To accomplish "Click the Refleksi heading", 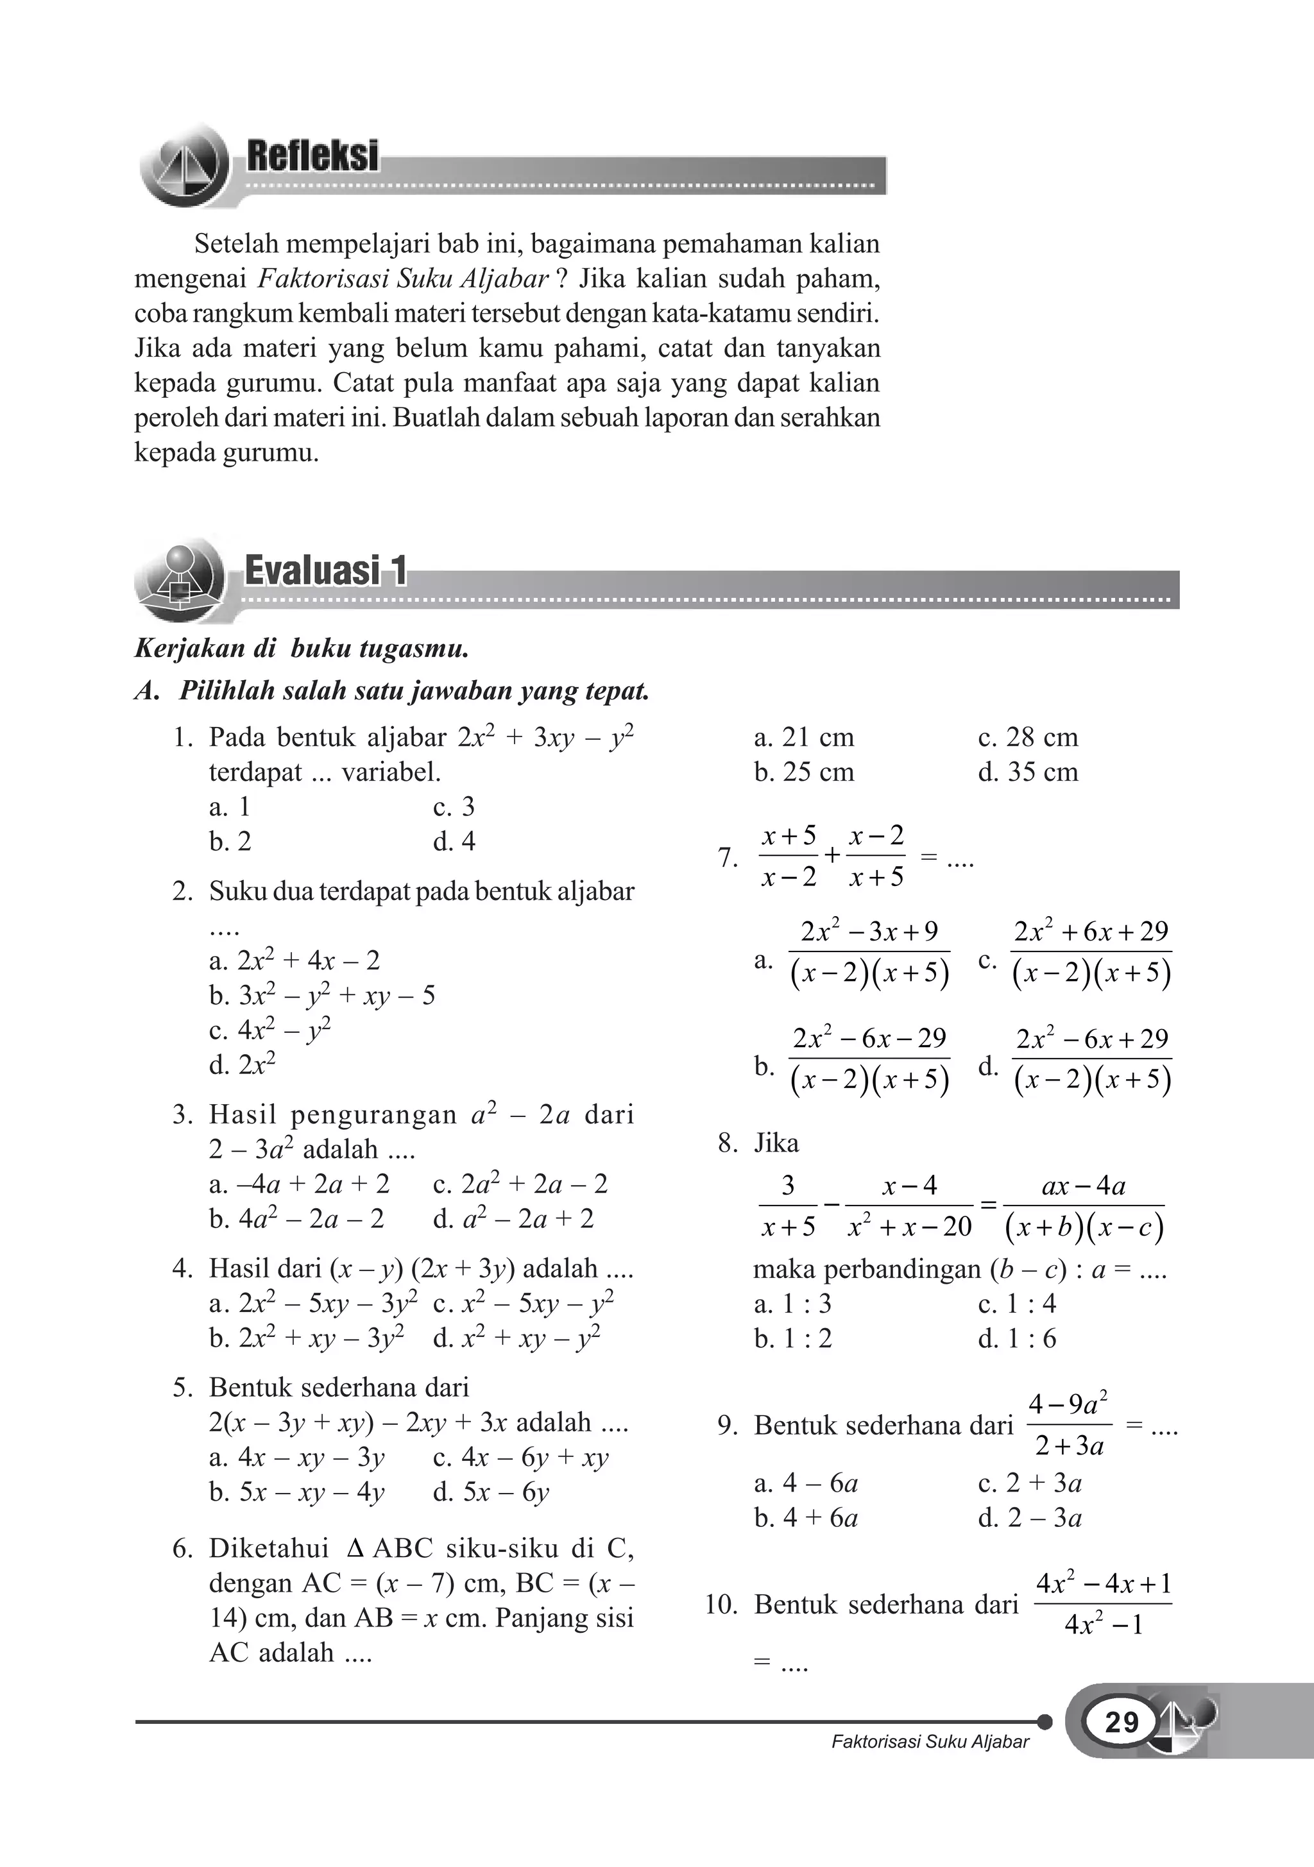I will click(312, 155).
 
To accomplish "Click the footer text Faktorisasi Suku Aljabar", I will click(930, 1742).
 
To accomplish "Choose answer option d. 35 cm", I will click(1028, 772).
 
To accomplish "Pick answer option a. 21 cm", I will click(803, 738).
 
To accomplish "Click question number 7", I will click(728, 858).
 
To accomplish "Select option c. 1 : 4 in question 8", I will click(1016, 1304).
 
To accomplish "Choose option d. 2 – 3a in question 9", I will click(1029, 1517).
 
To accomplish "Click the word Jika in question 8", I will click(776, 1143).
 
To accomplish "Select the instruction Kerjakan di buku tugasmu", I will click(302, 648).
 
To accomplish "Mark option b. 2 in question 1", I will click(230, 842).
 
